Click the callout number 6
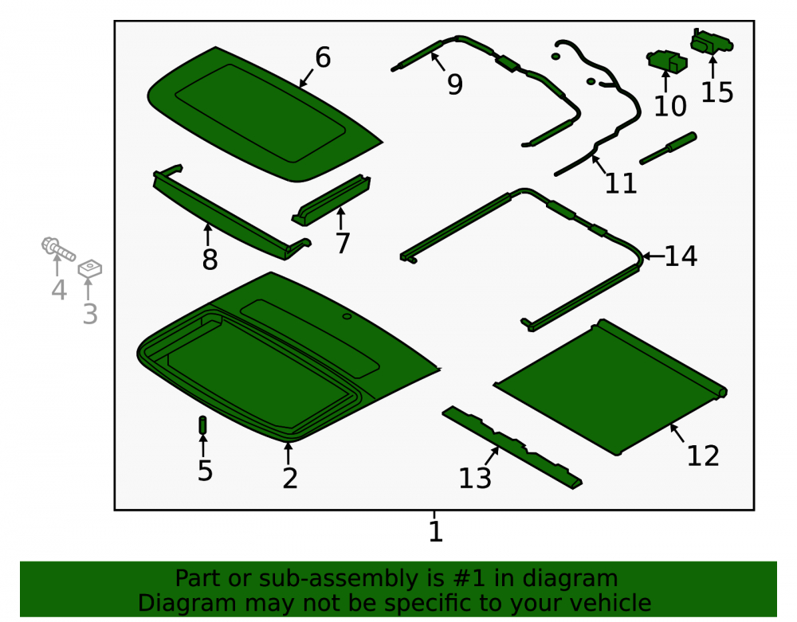point(323,57)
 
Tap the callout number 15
point(717,93)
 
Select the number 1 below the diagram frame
point(436,532)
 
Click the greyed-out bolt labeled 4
point(58,248)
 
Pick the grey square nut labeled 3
point(90,268)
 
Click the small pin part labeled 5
point(202,425)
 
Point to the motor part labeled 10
point(667,61)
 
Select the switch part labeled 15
point(711,41)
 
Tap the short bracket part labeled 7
point(332,200)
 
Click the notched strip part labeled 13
point(512,447)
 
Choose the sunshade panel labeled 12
point(610,386)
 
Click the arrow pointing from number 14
point(654,256)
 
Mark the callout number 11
point(621,183)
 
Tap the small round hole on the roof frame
point(347,316)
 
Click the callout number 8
point(210,260)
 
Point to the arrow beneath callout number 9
point(438,61)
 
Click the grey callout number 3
point(90,314)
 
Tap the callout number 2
point(290,479)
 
